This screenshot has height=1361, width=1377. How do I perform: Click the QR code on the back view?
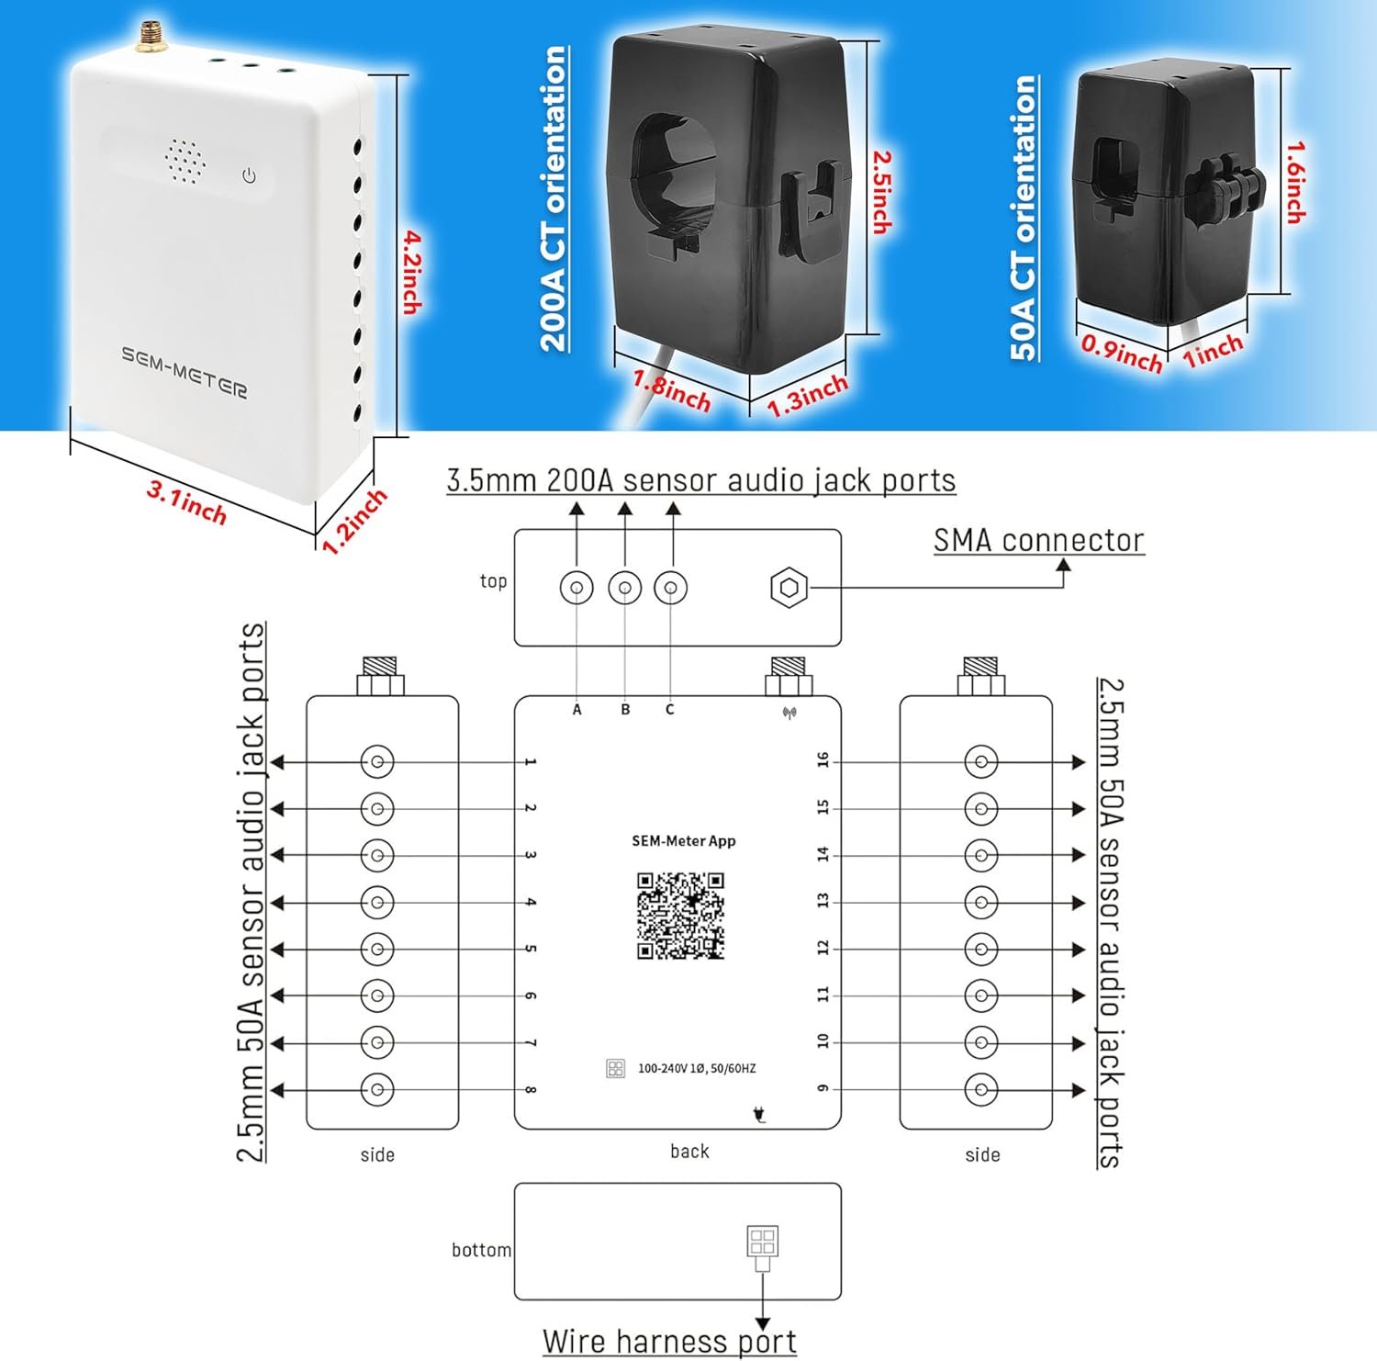[681, 916]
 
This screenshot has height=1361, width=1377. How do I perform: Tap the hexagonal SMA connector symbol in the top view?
[789, 587]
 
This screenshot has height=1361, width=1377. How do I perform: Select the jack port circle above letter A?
[577, 588]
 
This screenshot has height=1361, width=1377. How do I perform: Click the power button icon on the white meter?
[249, 175]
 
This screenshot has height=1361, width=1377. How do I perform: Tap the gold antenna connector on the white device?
[147, 36]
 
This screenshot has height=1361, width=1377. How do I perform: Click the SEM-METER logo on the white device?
[185, 372]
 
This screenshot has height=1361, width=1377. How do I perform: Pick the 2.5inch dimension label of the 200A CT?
[881, 191]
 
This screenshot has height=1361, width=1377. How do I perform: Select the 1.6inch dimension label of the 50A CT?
[1294, 181]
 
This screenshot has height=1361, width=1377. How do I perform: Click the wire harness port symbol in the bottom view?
[763, 1243]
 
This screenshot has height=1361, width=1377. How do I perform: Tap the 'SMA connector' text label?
[1038, 541]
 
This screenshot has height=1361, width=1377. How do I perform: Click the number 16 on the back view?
[823, 759]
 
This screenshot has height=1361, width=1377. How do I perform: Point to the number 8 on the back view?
[531, 1090]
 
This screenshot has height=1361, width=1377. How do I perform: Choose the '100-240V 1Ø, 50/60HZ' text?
[697, 1068]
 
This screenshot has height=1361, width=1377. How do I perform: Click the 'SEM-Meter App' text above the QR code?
[684, 840]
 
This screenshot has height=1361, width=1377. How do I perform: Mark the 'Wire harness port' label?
[669, 1341]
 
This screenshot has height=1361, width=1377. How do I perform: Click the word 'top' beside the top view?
[493, 580]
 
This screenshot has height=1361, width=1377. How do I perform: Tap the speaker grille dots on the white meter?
[185, 163]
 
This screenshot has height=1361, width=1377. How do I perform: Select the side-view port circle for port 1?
[377, 761]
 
